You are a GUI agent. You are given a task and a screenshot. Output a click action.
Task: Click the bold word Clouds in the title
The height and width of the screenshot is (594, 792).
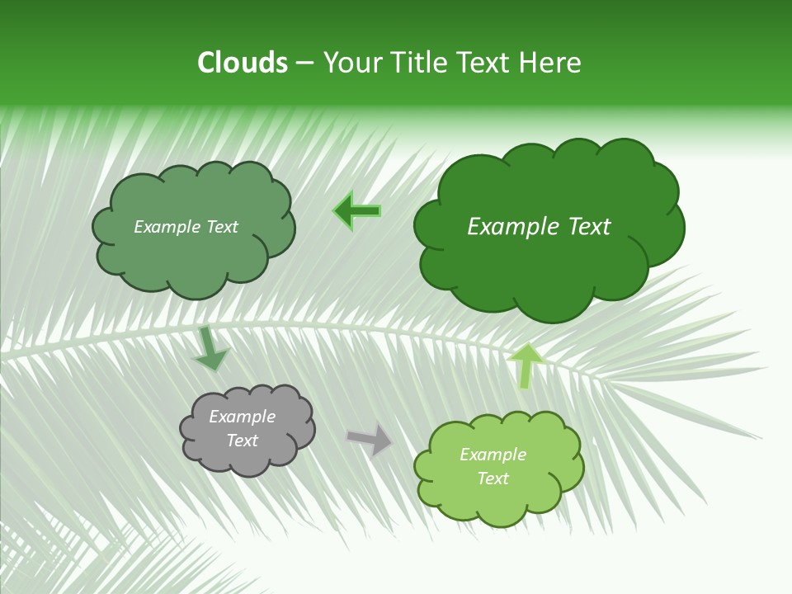[243, 63]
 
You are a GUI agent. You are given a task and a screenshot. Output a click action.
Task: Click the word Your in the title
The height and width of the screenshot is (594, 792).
[353, 63]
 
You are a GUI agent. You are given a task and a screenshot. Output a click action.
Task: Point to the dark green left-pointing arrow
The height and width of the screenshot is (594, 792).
[357, 211]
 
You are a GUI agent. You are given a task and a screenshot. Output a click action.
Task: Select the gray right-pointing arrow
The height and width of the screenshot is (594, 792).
[370, 440]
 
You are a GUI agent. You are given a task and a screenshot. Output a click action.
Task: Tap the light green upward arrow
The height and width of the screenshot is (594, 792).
[526, 365]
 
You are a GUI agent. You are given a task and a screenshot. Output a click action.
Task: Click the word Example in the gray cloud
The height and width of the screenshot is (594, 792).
[243, 417]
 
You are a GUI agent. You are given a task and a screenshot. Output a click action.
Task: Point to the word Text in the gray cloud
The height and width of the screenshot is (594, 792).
[243, 441]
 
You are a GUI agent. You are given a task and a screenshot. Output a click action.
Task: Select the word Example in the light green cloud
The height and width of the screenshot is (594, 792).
[493, 455]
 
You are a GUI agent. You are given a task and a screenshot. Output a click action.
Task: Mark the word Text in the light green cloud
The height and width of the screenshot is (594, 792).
[493, 478]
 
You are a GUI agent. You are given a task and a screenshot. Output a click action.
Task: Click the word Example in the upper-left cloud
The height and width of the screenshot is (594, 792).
[165, 227]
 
